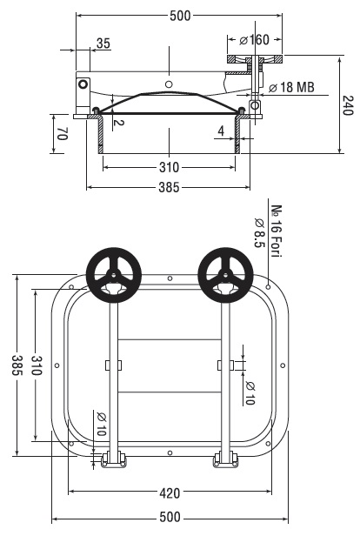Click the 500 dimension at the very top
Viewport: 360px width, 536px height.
[x=180, y=16]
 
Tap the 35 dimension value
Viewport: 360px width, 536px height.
[x=103, y=44]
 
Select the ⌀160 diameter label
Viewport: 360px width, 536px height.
[x=255, y=40]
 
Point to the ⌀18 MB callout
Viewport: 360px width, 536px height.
[x=291, y=88]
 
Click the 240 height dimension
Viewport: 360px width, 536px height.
[x=347, y=105]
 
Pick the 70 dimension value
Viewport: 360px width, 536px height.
[x=63, y=134]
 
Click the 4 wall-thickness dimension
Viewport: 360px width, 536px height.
[x=222, y=131]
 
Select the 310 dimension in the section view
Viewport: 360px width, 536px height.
[x=169, y=167]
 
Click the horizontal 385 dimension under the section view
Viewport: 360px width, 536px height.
[x=169, y=187]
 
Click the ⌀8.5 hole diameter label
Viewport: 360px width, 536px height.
[x=260, y=233]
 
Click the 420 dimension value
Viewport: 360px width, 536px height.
[x=170, y=493]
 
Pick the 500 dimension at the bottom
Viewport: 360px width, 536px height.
[x=170, y=517]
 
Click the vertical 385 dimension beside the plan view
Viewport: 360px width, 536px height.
[x=17, y=365]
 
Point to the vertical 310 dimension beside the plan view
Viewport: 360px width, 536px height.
[x=37, y=365]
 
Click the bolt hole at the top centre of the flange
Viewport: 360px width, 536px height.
[x=170, y=278]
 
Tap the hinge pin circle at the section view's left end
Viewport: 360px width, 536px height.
[x=83, y=84]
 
